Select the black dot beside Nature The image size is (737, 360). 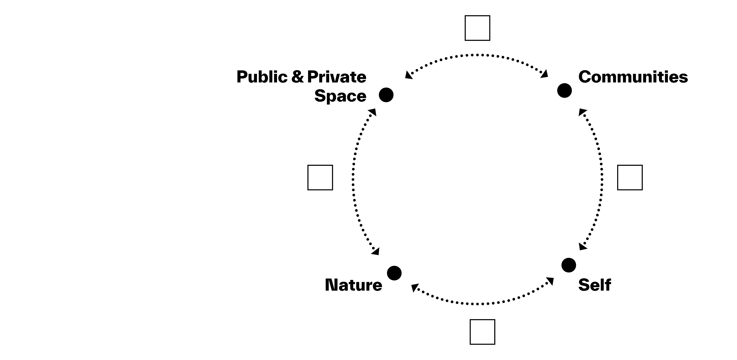pyautogui.click(x=394, y=273)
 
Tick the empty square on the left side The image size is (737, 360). pyautogui.click(x=320, y=177)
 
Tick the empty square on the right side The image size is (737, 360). pyautogui.click(x=630, y=177)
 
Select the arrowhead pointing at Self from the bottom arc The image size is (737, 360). pyautogui.click(x=550, y=281)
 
